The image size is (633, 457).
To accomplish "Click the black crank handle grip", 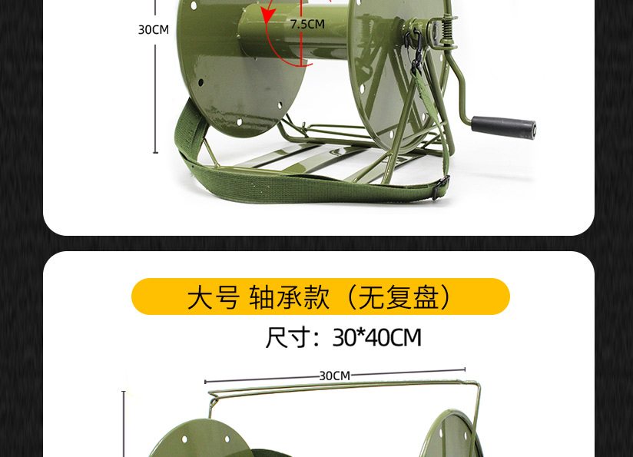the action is click(x=503, y=127).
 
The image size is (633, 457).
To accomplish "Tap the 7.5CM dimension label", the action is click(x=307, y=25).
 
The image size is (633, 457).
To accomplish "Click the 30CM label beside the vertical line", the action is click(x=154, y=30).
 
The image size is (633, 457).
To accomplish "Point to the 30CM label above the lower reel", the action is click(x=335, y=376).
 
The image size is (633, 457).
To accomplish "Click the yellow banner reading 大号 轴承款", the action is click(x=320, y=296).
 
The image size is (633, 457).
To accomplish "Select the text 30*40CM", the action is click(x=376, y=337).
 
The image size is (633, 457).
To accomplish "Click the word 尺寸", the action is click(x=288, y=337).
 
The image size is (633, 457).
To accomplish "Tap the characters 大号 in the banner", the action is click(x=214, y=297).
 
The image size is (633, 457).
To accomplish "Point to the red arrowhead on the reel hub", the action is click(x=267, y=15).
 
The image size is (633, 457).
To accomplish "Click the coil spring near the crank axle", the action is click(x=447, y=28).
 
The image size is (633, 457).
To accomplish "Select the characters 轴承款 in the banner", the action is click(x=289, y=297).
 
